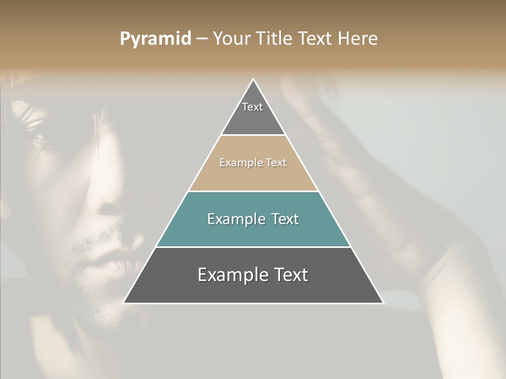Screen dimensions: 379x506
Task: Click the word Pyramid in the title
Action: [x=155, y=39]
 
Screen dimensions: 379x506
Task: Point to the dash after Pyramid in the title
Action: [x=202, y=39]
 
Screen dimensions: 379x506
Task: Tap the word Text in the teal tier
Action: [x=282, y=219]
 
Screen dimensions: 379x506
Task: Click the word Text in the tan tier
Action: [x=276, y=163]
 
